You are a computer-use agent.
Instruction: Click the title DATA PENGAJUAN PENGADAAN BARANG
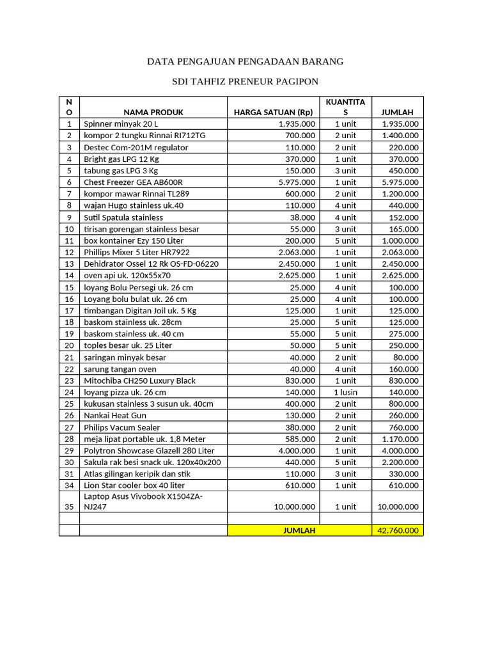click(245, 61)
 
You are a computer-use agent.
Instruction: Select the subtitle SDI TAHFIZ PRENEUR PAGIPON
click(245, 81)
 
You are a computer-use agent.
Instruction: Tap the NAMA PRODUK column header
click(153, 112)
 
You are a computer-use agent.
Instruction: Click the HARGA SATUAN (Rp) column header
click(274, 112)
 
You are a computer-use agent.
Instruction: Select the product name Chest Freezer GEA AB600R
click(133, 182)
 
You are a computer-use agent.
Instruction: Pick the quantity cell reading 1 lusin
click(345, 392)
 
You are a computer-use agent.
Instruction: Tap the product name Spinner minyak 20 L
click(120, 124)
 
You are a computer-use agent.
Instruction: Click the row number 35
click(69, 506)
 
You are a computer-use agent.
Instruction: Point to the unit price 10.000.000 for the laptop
click(292, 506)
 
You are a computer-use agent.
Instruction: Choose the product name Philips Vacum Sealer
click(122, 427)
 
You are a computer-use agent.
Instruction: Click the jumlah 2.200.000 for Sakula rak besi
click(400, 462)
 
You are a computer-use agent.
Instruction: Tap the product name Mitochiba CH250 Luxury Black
click(139, 381)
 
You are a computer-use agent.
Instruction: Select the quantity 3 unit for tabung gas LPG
click(345, 171)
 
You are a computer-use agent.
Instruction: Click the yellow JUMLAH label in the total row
click(299, 530)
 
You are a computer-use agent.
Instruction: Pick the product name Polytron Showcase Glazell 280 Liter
click(149, 451)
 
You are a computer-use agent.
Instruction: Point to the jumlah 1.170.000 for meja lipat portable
click(400, 439)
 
